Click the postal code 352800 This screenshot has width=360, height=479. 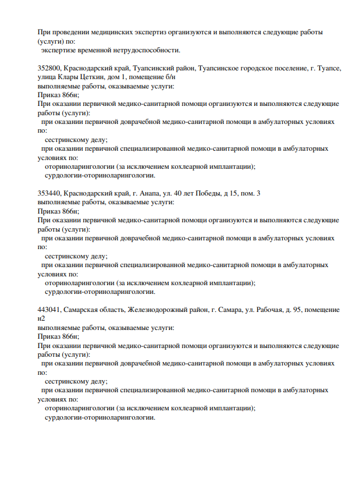coord(48,68)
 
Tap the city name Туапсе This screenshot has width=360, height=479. coord(329,68)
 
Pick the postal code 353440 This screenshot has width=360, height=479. coord(48,193)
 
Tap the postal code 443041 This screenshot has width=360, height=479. coord(48,310)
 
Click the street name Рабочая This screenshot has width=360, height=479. coord(268,310)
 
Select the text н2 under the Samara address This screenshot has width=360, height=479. coord(41,318)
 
